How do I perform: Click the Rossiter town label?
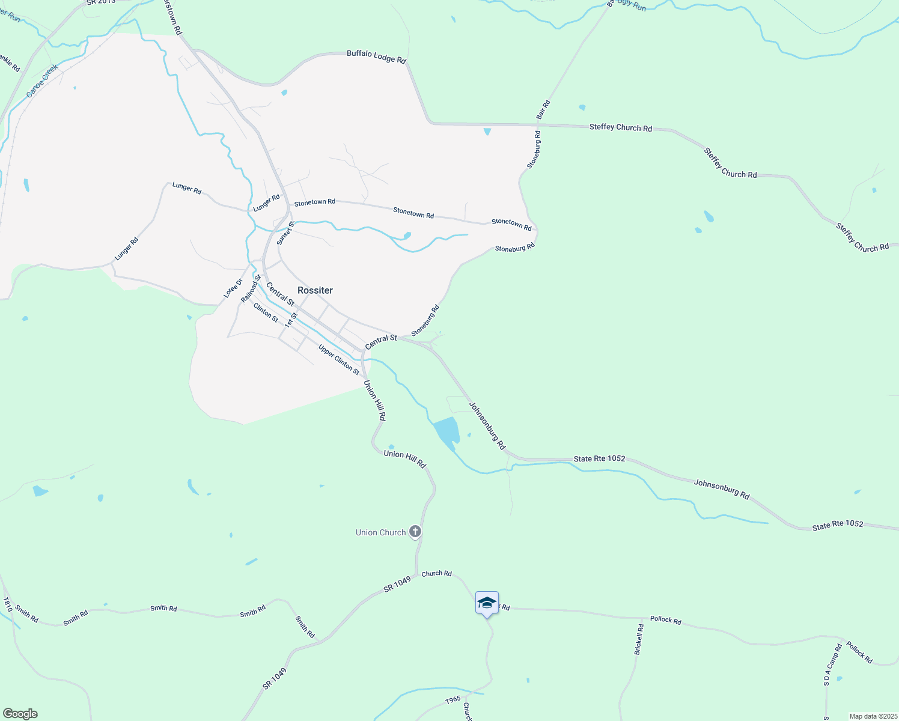[x=315, y=290]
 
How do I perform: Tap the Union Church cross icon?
[x=415, y=532]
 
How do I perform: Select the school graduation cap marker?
[x=487, y=603]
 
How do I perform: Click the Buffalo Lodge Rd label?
[x=376, y=57]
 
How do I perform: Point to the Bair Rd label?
[x=543, y=109]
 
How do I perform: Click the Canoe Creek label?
[x=42, y=81]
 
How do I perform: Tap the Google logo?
[x=20, y=714]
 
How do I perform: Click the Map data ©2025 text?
[x=873, y=716]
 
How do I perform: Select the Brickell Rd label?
[x=639, y=639]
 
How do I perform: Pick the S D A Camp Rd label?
[x=833, y=665]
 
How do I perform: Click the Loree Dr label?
[x=233, y=288]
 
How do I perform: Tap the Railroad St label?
[x=251, y=288]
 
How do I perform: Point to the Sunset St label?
[x=285, y=233]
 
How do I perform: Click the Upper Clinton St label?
[x=339, y=360]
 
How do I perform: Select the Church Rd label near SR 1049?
[x=436, y=574]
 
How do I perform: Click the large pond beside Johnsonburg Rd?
[x=446, y=431]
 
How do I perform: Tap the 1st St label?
[x=291, y=320]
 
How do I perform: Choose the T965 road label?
[x=453, y=699]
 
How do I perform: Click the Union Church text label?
[x=380, y=532]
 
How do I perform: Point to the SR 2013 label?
[x=100, y=2]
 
